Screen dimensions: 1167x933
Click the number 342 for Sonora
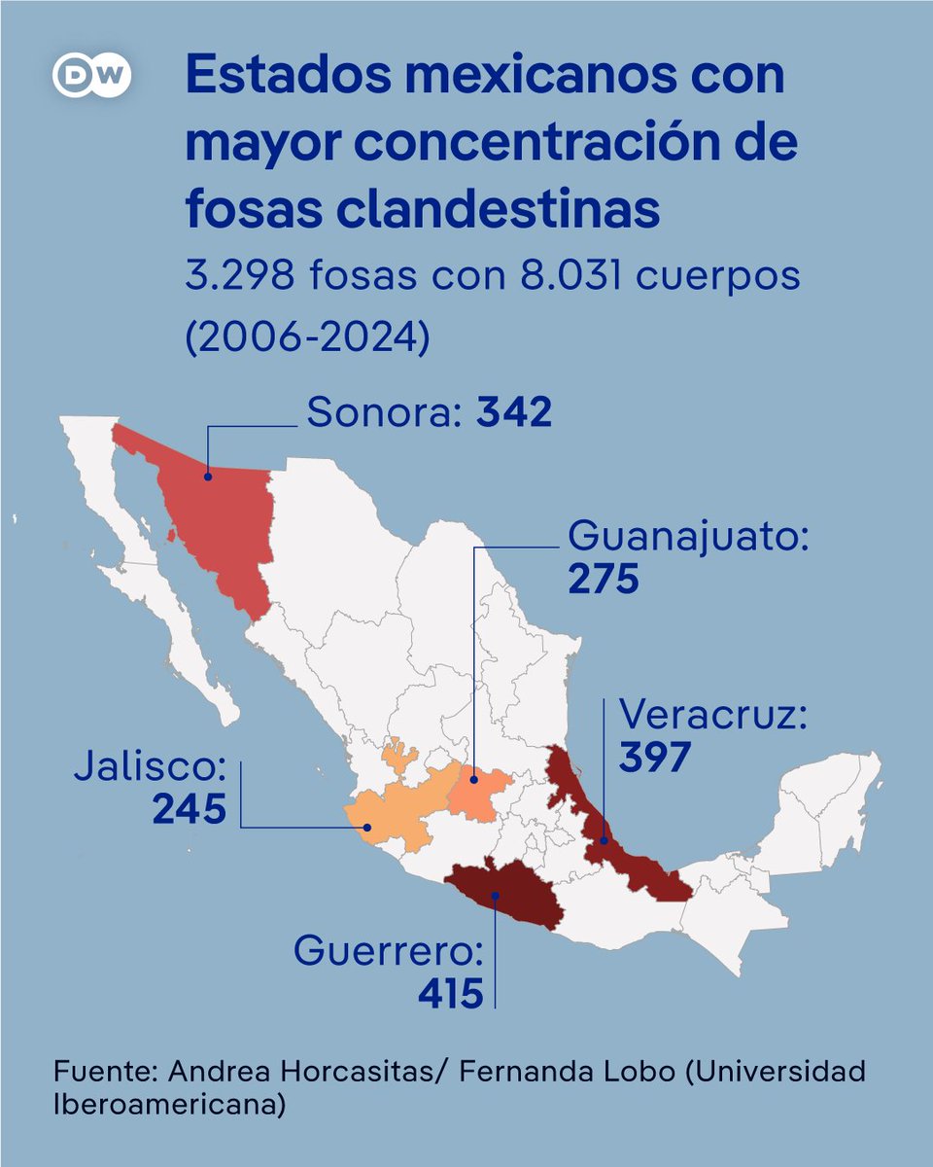[x=513, y=413]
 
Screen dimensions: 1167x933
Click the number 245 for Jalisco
[x=189, y=808]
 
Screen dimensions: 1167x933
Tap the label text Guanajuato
[x=687, y=536]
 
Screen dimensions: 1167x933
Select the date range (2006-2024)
[x=306, y=336]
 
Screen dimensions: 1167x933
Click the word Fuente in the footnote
[x=103, y=1072]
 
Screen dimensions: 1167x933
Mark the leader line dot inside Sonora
[x=208, y=476]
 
